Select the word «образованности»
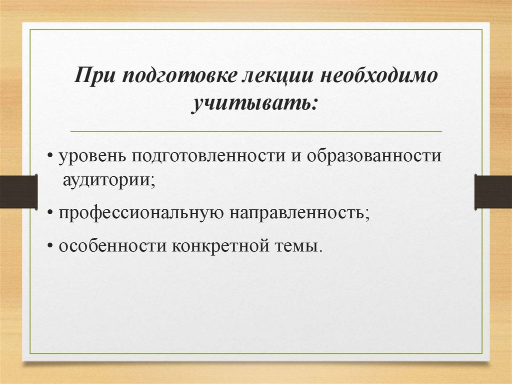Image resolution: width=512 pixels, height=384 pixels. click(x=374, y=156)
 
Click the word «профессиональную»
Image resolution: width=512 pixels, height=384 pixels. click(x=141, y=213)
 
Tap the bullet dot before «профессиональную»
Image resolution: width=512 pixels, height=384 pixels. click(x=52, y=214)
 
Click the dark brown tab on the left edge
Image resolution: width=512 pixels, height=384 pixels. click(x=18, y=191)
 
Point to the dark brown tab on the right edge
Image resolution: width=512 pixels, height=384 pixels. click(x=493, y=191)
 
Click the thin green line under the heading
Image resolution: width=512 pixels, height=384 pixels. click(x=256, y=132)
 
